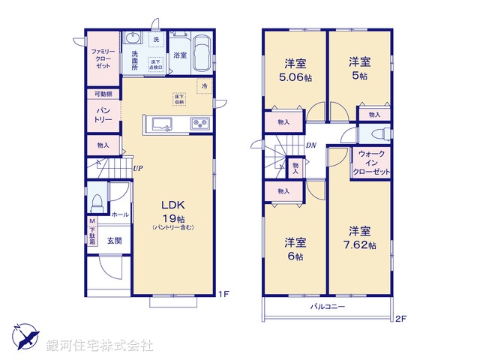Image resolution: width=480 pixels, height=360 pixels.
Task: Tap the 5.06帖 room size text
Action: (292, 76)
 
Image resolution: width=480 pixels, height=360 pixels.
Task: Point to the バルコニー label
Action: (328, 307)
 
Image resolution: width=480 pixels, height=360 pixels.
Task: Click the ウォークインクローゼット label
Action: (372, 163)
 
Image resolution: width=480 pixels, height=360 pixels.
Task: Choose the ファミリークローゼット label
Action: (101, 58)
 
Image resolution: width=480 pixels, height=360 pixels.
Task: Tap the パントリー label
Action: (103, 115)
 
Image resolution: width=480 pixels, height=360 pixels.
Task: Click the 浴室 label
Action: (179, 55)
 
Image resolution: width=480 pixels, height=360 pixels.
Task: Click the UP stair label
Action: (138, 168)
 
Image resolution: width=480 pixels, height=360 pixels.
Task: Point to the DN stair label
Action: (310, 146)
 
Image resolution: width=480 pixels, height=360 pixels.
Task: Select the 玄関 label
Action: (114, 240)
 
